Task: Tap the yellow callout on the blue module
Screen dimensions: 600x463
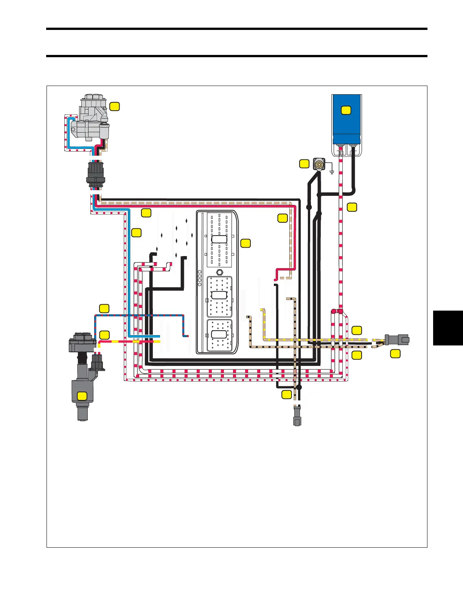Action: (x=346, y=110)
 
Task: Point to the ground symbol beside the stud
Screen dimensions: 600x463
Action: (x=332, y=172)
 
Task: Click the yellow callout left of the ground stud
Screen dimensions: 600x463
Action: (x=305, y=164)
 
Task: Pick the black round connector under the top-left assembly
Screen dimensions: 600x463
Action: (x=95, y=175)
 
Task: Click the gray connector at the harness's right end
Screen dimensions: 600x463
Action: (x=397, y=339)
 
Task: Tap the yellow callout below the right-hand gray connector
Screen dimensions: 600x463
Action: (x=395, y=353)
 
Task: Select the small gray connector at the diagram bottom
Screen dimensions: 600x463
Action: (x=297, y=417)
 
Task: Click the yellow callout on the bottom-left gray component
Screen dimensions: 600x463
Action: (x=82, y=396)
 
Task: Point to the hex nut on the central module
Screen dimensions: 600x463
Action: (x=219, y=272)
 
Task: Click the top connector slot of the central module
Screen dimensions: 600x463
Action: (x=219, y=239)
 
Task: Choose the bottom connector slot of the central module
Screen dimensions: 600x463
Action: (x=219, y=334)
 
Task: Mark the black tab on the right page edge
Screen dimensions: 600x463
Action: (x=448, y=328)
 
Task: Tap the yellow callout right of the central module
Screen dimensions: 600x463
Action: (x=245, y=243)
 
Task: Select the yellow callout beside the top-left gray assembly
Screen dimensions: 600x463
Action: (x=115, y=106)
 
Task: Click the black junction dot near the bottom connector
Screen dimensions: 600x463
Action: (x=299, y=387)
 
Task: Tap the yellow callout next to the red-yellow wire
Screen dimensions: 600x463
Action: (x=104, y=335)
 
